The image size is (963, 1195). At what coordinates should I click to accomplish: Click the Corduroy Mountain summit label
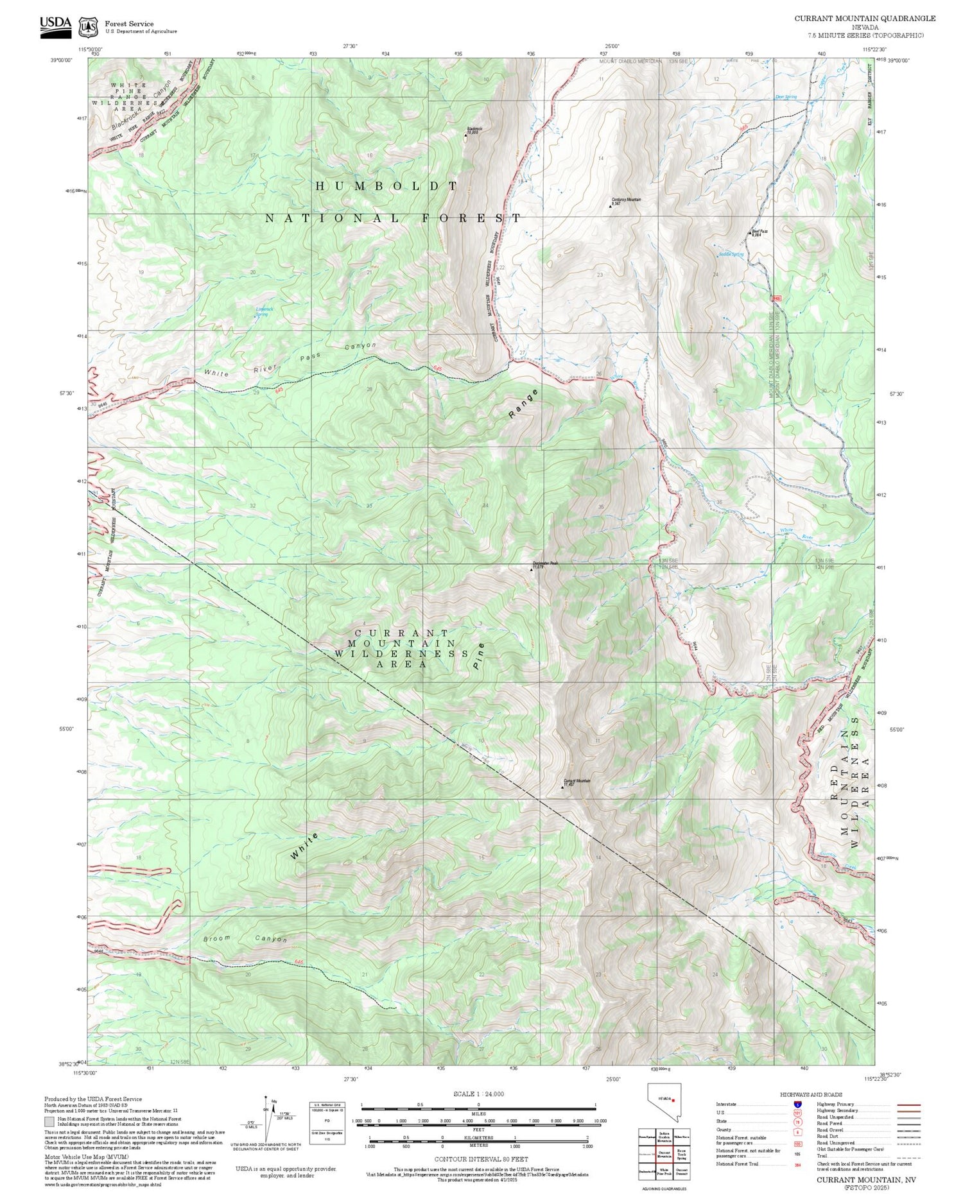point(626,200)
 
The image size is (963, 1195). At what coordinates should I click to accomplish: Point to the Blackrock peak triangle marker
point(466,135)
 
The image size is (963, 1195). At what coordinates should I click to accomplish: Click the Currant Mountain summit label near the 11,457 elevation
point(577,781)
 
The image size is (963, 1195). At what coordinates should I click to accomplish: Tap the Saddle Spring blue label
point(731,255)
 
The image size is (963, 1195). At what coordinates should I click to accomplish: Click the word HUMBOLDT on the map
point(387,186)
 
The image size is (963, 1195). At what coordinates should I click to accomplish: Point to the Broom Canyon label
point(245,939)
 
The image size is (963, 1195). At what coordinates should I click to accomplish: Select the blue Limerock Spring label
point(265,311)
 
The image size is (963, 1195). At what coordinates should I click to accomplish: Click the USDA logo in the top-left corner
point(56,26)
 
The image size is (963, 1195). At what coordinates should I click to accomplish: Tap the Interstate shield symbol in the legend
point(797,1105)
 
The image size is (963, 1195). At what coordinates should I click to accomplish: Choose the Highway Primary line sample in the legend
point(905,1105)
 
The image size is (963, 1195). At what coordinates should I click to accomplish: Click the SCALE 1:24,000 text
point(478,1094)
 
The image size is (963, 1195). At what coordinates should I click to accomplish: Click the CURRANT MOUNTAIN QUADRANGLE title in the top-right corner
point(865,19)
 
